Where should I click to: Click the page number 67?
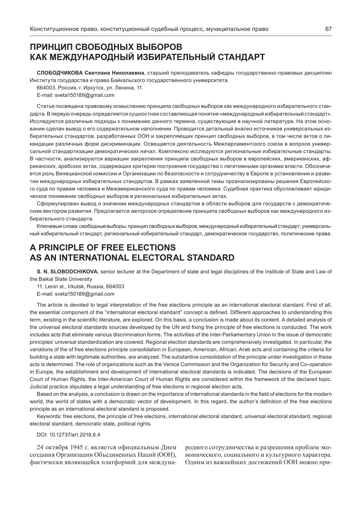point(328,29)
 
